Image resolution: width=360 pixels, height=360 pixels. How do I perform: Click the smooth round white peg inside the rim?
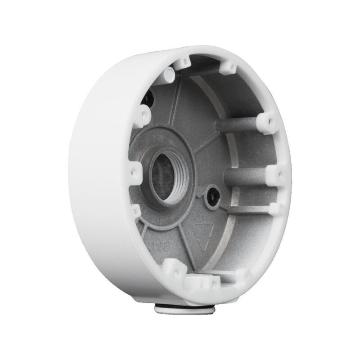coord(169,72)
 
